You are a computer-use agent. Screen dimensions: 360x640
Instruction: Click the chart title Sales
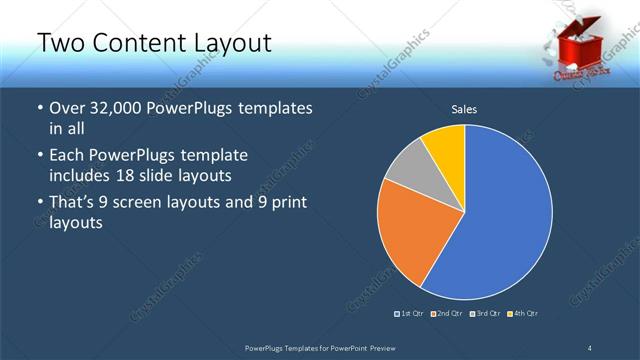[x=464, y=108]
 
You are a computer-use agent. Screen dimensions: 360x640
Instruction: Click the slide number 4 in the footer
[x=590, y=347]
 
